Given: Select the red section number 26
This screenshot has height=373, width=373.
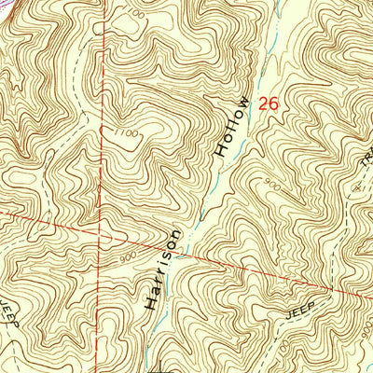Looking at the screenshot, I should point(269,104).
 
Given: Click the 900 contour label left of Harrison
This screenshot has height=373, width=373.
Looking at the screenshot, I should point(127,254).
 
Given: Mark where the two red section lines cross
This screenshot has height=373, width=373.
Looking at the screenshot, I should point(101,228).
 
